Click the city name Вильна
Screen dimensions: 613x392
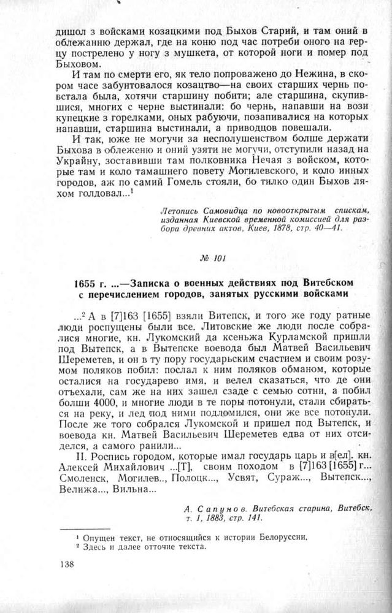click(129, 491)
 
